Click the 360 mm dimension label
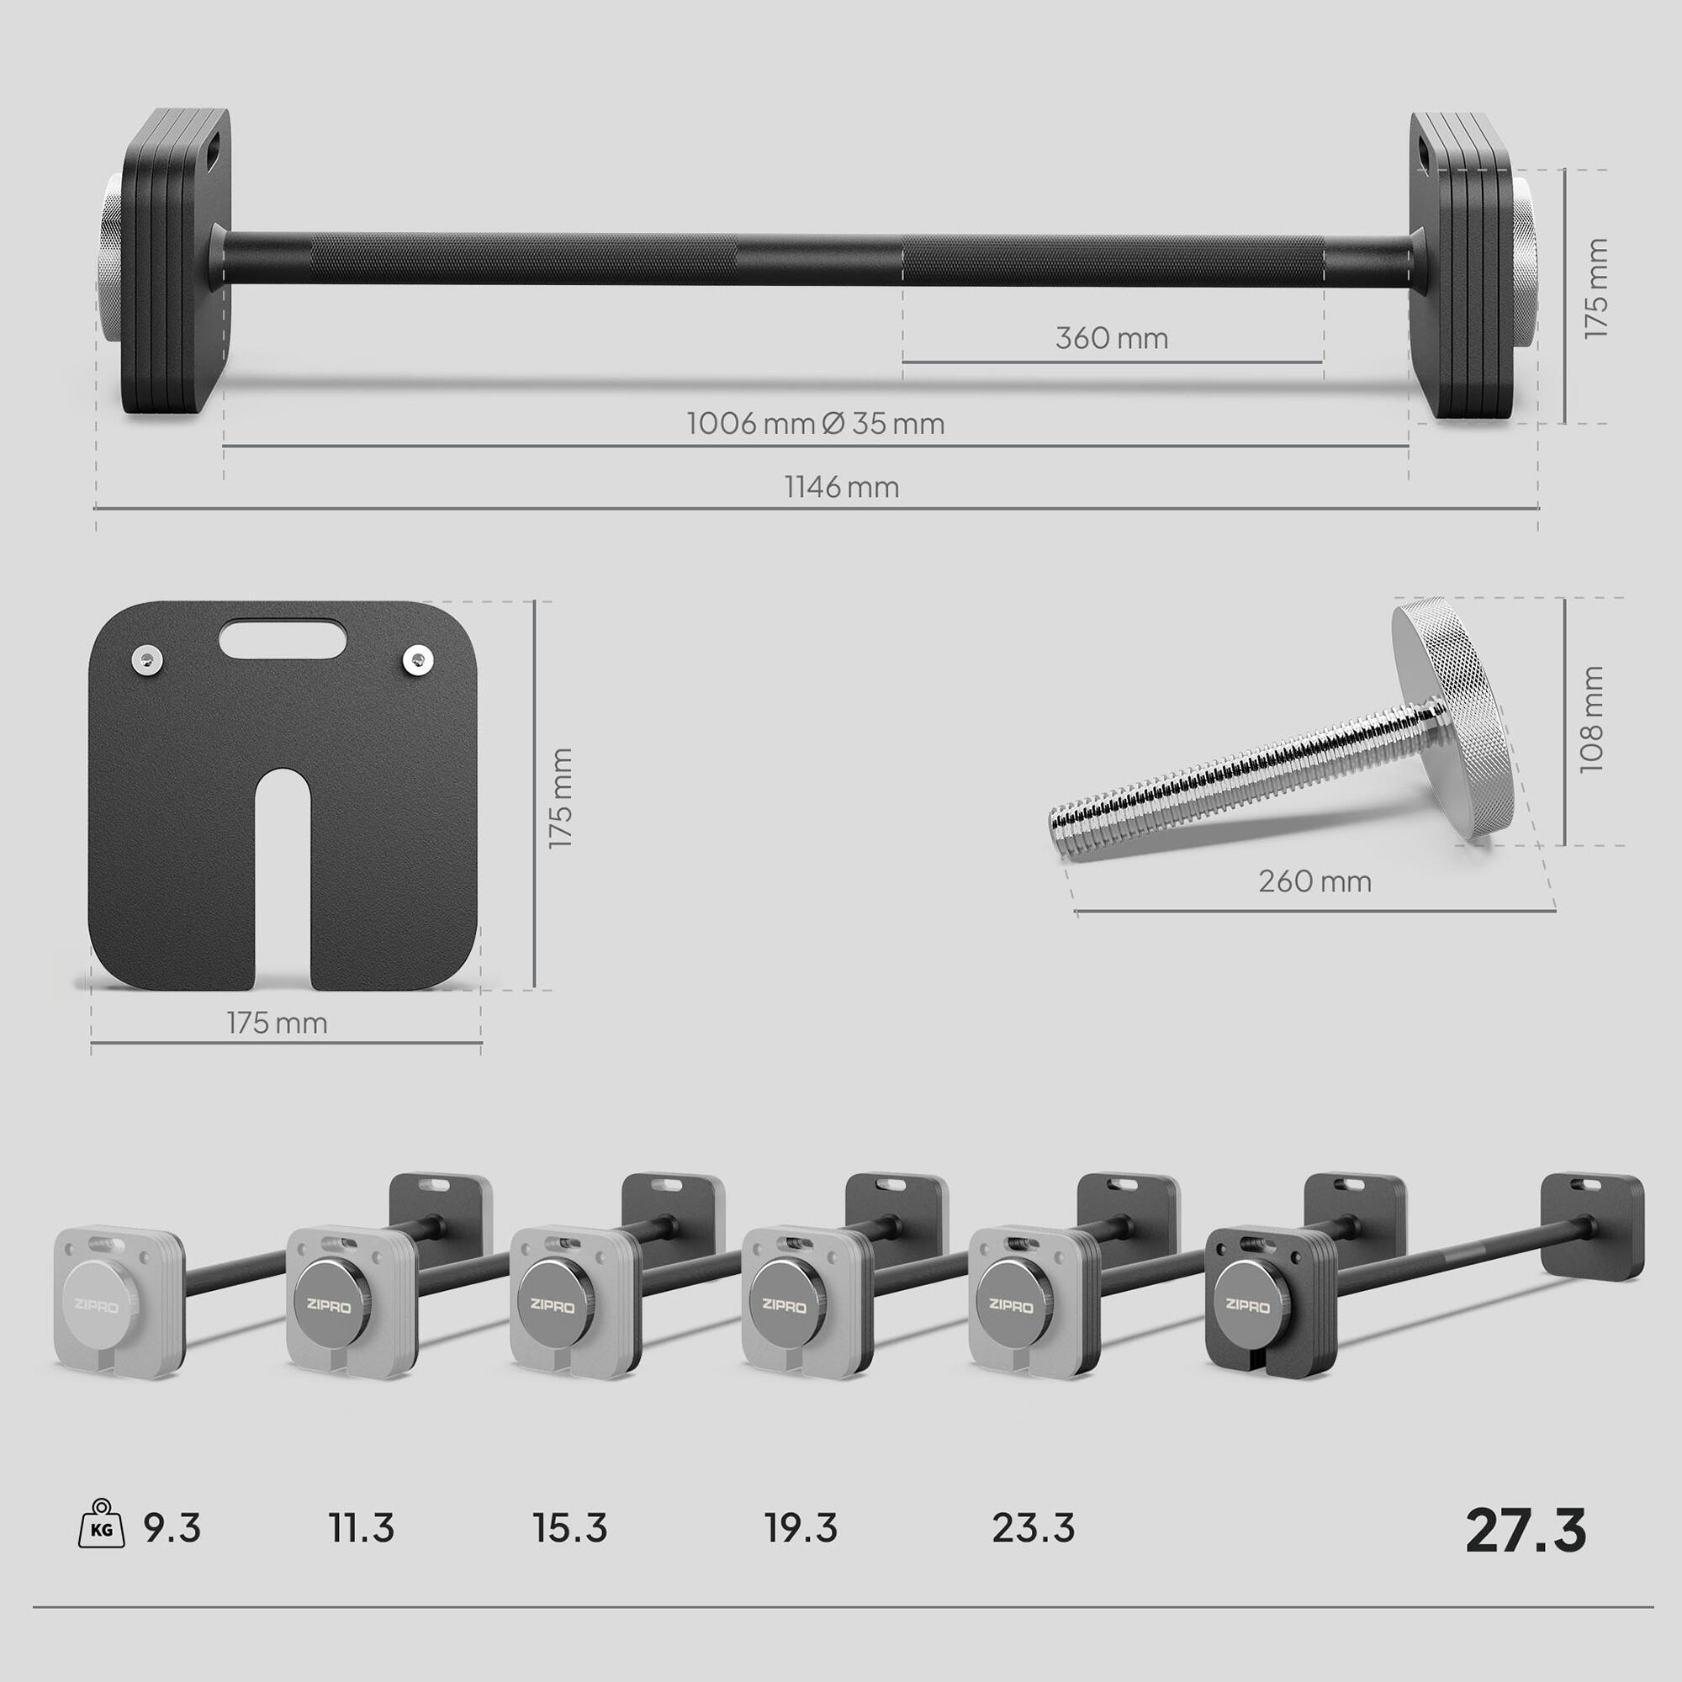1112,338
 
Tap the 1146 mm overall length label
842,487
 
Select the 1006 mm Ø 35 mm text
816,423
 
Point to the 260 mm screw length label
1314,881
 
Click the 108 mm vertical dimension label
1591,719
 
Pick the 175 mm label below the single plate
277,1022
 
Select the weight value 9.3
172,1528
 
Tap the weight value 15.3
570,1528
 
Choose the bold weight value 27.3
1526,1530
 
